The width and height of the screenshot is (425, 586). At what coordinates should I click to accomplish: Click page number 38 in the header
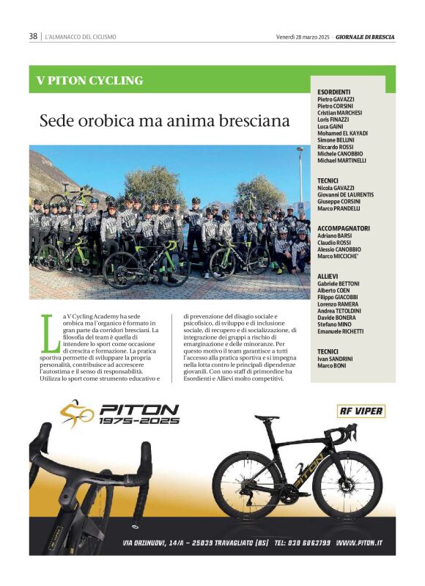point(33,36)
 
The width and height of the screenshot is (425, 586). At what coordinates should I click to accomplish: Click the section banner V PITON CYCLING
point(90,80)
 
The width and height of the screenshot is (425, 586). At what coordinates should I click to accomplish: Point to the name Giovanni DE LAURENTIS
point(346,194)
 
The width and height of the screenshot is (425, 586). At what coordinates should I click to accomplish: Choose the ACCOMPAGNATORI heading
point(344,228)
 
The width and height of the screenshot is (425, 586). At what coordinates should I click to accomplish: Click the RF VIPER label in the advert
point(361,411)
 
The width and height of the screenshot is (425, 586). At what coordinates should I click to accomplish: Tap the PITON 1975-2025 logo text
point(138,415)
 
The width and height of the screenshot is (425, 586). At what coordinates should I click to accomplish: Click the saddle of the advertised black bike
point(267,417)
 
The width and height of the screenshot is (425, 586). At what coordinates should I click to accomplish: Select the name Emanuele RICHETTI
point(341,332)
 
